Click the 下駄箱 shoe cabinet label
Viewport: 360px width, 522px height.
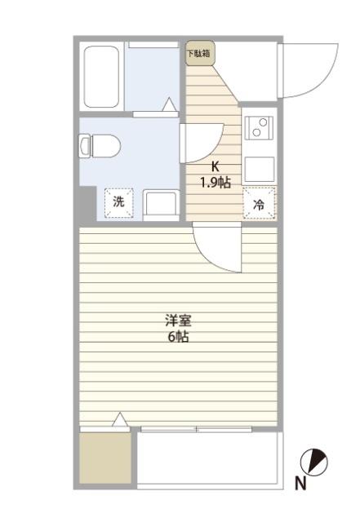[198, 55]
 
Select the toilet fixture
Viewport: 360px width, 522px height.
[100, 147]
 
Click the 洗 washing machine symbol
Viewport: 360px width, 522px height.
[119, 202]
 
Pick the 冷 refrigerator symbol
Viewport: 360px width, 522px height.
[259, 205]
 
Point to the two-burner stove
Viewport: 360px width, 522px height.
[259, 127]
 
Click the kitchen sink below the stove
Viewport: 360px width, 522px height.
[259, 170]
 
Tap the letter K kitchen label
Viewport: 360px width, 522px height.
[216, 166]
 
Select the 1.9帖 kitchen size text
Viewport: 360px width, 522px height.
[216, 182]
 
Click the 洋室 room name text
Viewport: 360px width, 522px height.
[178, 320]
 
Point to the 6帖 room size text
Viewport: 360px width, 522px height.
[178, 337]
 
